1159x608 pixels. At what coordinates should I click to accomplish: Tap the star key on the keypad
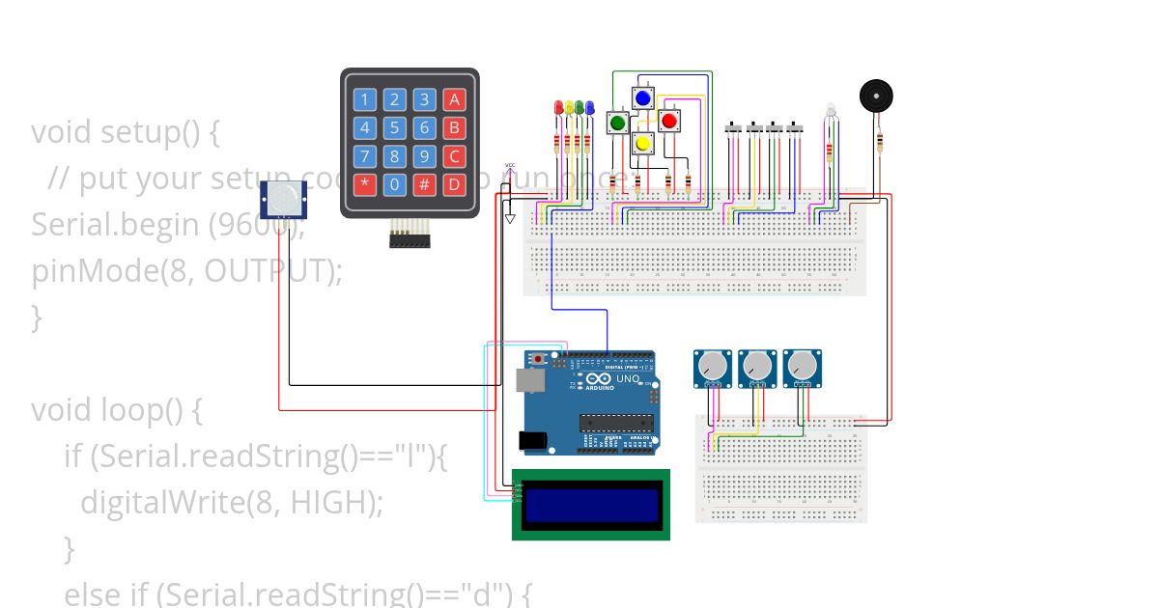[364, 184]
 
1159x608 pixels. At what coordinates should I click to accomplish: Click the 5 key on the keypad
[394, 127]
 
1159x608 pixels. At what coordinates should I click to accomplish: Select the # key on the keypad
[424, 184]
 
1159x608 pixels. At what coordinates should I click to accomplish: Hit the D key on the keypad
[454, 184]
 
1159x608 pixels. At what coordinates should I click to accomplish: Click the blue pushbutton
[643, 97]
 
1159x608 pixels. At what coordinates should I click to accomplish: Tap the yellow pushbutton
[643, 144]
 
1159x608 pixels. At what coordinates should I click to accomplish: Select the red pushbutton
[668, 121]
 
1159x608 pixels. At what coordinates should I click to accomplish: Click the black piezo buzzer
[876, 97]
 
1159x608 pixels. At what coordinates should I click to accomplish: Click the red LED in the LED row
[557, 107]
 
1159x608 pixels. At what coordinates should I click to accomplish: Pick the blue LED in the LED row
[589, 107]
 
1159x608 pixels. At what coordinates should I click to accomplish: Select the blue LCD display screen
[590, 504]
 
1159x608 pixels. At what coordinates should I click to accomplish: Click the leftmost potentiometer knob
[712, 365]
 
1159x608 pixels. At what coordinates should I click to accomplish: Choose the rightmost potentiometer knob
[801, 365]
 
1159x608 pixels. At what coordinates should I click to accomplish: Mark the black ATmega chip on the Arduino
[612, 422]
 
